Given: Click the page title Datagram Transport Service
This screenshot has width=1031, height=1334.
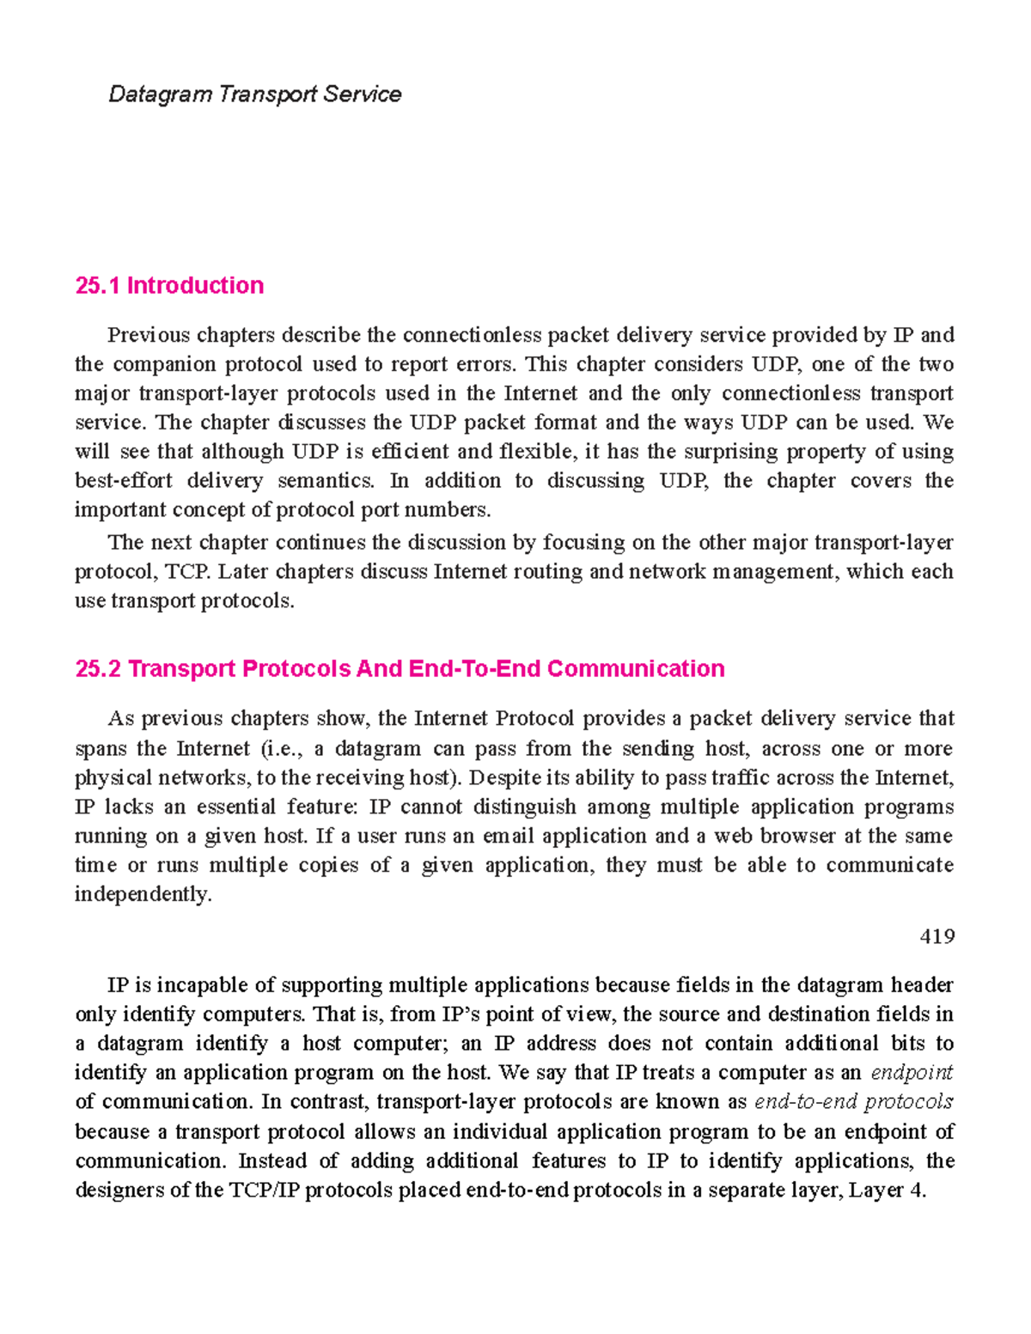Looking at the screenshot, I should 254,94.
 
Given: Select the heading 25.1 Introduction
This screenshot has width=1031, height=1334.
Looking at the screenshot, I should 169,285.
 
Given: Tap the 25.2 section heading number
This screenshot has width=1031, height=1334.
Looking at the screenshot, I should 98,668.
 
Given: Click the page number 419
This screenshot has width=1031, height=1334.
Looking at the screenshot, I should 936,935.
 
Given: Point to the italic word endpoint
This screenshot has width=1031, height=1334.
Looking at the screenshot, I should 912,1072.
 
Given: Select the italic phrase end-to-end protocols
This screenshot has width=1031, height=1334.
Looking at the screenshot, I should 853,1101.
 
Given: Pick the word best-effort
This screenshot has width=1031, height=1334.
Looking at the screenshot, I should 123,480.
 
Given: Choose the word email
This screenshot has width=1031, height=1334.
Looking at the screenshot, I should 508,836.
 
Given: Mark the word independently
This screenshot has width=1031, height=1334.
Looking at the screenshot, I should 143,894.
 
